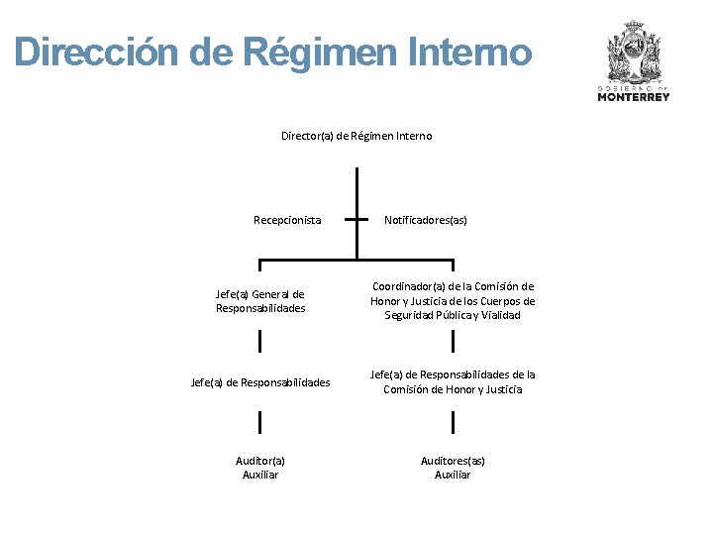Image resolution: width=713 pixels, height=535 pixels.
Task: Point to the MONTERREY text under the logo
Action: click(x=633, y=96)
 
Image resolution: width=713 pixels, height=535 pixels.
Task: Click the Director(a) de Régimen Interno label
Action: click(x=356, y=136)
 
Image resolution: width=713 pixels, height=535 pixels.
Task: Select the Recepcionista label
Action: click(x=287, y=220)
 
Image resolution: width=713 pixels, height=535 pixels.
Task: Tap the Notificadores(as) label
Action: click(x=425, y=220)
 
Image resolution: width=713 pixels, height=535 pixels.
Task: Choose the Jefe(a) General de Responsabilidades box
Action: click(x=260, y=301)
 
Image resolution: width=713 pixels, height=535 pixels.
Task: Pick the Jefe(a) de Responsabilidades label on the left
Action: click(x=260, y=382)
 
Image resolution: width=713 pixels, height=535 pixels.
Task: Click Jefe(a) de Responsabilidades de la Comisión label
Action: click(x=453, y=382)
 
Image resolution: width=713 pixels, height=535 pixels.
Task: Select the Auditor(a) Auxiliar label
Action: click(x=260, y=468)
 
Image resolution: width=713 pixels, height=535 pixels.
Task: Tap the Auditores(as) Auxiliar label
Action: click(x=453, y=468)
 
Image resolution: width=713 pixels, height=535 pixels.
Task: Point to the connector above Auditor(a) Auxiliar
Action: click(x=260, y=423)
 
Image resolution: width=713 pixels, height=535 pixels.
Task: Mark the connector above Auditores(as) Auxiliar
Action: click(x=453, y=423)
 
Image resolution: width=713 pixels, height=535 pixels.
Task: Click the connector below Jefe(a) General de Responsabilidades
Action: click(x=260, y=341)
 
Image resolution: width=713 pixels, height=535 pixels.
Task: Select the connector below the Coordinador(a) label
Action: click(x=453, y=341)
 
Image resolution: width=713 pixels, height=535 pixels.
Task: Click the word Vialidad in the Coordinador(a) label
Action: click(x=501, y=316)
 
